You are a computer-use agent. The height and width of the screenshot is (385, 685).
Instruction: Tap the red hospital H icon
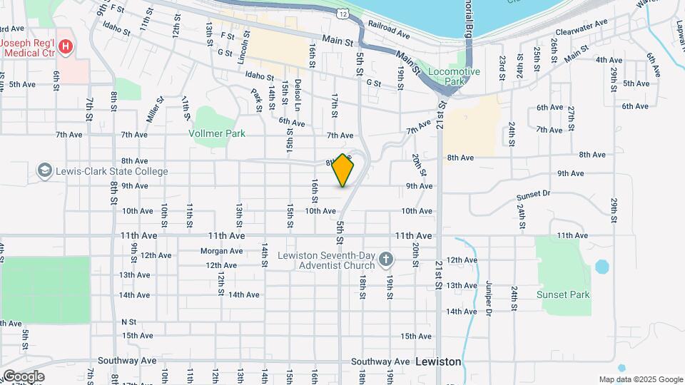pyautogui.click(x=66, y=47)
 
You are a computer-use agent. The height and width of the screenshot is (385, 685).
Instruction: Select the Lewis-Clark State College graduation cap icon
pyautogui.click(x=45, y=171)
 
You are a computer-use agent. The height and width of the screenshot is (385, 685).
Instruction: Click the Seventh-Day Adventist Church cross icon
pyautogui.click(x=386, y=260)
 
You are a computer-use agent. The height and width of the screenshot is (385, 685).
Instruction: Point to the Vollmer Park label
pyautogui.click(x=217, y=133)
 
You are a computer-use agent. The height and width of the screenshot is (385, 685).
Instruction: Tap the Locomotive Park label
pyautogui.click(x=454, y=77)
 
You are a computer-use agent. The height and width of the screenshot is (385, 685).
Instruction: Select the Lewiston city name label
pyautogui.click(x=437, y=361)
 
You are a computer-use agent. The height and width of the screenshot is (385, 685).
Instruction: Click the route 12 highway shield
pyautogui.click(x=344, y=14)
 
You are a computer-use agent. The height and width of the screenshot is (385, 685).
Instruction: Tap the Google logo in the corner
pyautogui.click(x=23, y=376)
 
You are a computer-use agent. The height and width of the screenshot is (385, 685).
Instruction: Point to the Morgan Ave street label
pyautogui.click(x=221, y=251)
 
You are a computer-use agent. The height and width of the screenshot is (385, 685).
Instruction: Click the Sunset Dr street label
pyautogui.click(x=536, y=193)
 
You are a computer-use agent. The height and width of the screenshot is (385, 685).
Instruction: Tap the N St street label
pyautogui.click(x=128, y=322)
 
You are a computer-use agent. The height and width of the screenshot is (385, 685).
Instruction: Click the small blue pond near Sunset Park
pyautogui.click(x=602, y=267)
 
